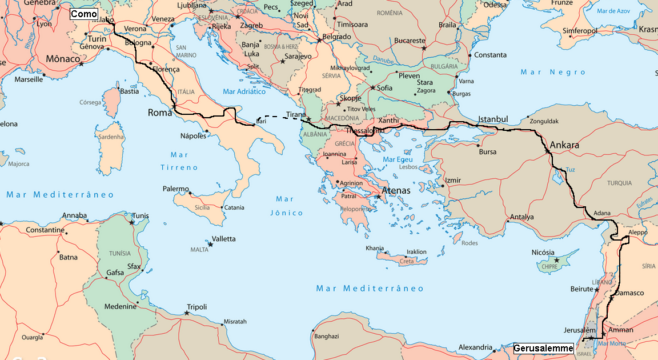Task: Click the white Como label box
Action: point(84,14)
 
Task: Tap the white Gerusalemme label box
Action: point(543,348)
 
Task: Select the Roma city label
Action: point(160,113)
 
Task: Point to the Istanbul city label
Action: point(493,119)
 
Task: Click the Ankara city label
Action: point(564,145)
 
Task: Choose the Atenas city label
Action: point(396,191)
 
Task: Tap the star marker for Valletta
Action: point(210,245)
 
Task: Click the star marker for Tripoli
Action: point(187,313)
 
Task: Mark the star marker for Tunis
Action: point(132,222)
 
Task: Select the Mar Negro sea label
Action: point(553,72)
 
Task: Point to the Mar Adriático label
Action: point(244,91)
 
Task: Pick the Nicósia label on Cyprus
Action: point(543,253)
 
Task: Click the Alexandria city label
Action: point(475,347)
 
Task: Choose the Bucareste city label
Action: point(410,41)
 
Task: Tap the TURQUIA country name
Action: point(620,183)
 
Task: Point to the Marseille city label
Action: point(29,79)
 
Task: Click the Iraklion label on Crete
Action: point(416,251)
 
